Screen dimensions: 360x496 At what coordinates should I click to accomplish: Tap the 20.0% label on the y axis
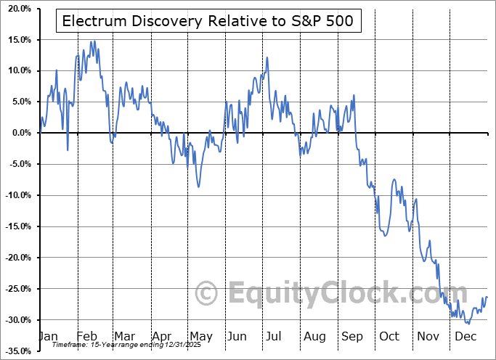pyautogui.click(x=17, y=9)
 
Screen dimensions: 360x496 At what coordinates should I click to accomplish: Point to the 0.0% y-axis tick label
pyautogui.click(x=20, y=133)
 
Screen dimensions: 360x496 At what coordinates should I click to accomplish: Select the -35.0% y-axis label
pyautogui.click(x=17, y=351)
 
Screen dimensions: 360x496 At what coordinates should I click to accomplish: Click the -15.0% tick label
pyautogui.click(x=17, y=226)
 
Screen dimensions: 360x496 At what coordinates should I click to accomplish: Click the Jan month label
pyautogui.click(x=47, y=337)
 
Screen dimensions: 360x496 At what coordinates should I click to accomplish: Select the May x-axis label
pyautogui.click(x=200, y=337)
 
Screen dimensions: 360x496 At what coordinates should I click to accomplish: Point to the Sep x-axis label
pyautogui.click(x=353, y=337)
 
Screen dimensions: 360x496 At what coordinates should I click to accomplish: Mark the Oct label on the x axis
pyautogui.click(x=390, y=337)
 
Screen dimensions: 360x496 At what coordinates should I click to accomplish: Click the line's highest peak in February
pyautogui.click(x=92, y=41)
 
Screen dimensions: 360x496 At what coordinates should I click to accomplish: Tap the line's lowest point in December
pyautogui.click(x=468, y=323)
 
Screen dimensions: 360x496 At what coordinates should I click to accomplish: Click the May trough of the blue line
pyautogui.click(x=198, y=187)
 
